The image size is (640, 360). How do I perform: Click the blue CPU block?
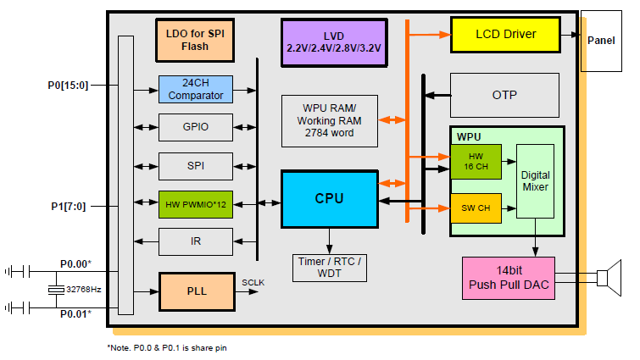pyautogui.click(x=329, y=199)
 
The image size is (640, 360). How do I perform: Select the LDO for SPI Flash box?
pyautogui.click(x=194, y=39)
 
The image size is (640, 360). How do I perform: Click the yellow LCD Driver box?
pyautogui.click(x=505, y=35)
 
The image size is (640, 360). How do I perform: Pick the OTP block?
pyautogui.click(x=504, y=95)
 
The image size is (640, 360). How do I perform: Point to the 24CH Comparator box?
pyautogui.click(x=195, y=89)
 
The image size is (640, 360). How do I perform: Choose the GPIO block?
pyautogui.click(x=195, y=127)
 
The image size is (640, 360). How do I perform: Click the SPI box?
pyautogui.click(x=195, y=165)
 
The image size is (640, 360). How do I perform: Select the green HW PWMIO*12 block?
pyautogui.click(x=195, y=204)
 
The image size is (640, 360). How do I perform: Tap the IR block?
pyautogui.click(x=195, y=242)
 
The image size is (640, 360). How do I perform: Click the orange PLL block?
pyautogui.click(x=195, y=291)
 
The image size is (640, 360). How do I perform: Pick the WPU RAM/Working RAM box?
pyautogui.click(x=330, y=120)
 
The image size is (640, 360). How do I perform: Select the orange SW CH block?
pyautogui.click(x=476, y=207)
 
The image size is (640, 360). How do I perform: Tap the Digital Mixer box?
pyautogui.click(x=535, y=181)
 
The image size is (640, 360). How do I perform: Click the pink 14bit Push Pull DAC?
pyautogui.click(x=509, y=278)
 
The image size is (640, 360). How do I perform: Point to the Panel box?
pyautogui.click(x=602, y=40)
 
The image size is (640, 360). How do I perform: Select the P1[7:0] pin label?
pyautogui.click(x=66, y=206)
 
